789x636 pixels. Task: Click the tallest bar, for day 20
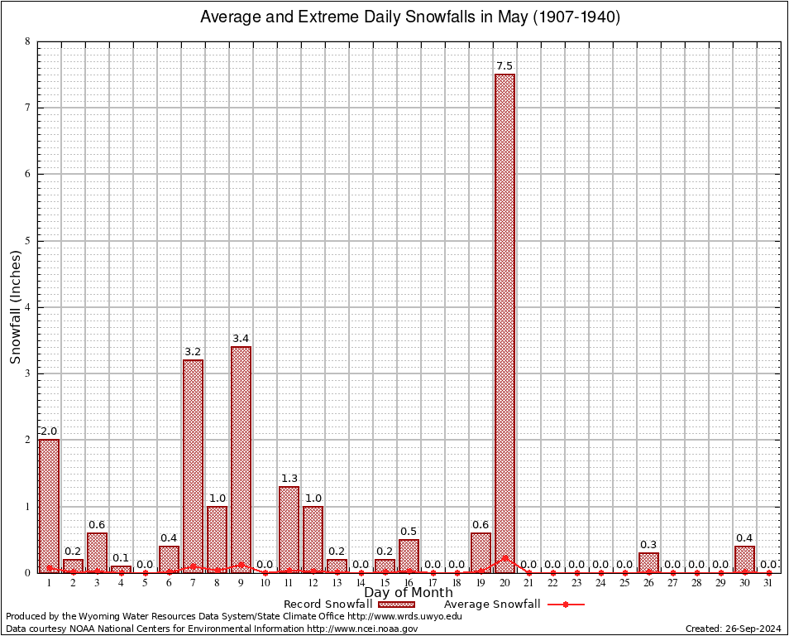tap(504, 323)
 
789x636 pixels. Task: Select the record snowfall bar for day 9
tap(241, 460)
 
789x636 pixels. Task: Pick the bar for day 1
tap(49, 506)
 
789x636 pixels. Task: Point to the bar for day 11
tap(289, 529)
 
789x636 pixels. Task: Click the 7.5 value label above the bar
tap(504, 66)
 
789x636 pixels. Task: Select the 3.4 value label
tap(241, 339)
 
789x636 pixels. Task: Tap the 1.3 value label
tap(289, 479)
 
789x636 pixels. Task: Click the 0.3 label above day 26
tap(648, 545)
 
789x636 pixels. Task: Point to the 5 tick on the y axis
tap(27, 241)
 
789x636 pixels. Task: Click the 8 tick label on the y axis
tap(27, 41)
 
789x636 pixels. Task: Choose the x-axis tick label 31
tap(768, 583)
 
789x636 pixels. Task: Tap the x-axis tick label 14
tap(361, 583)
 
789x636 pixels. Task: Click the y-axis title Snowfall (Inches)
tap(15, 307)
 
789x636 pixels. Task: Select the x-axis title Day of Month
tap(409, 593)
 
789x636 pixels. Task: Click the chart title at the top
tap(410, 17)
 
